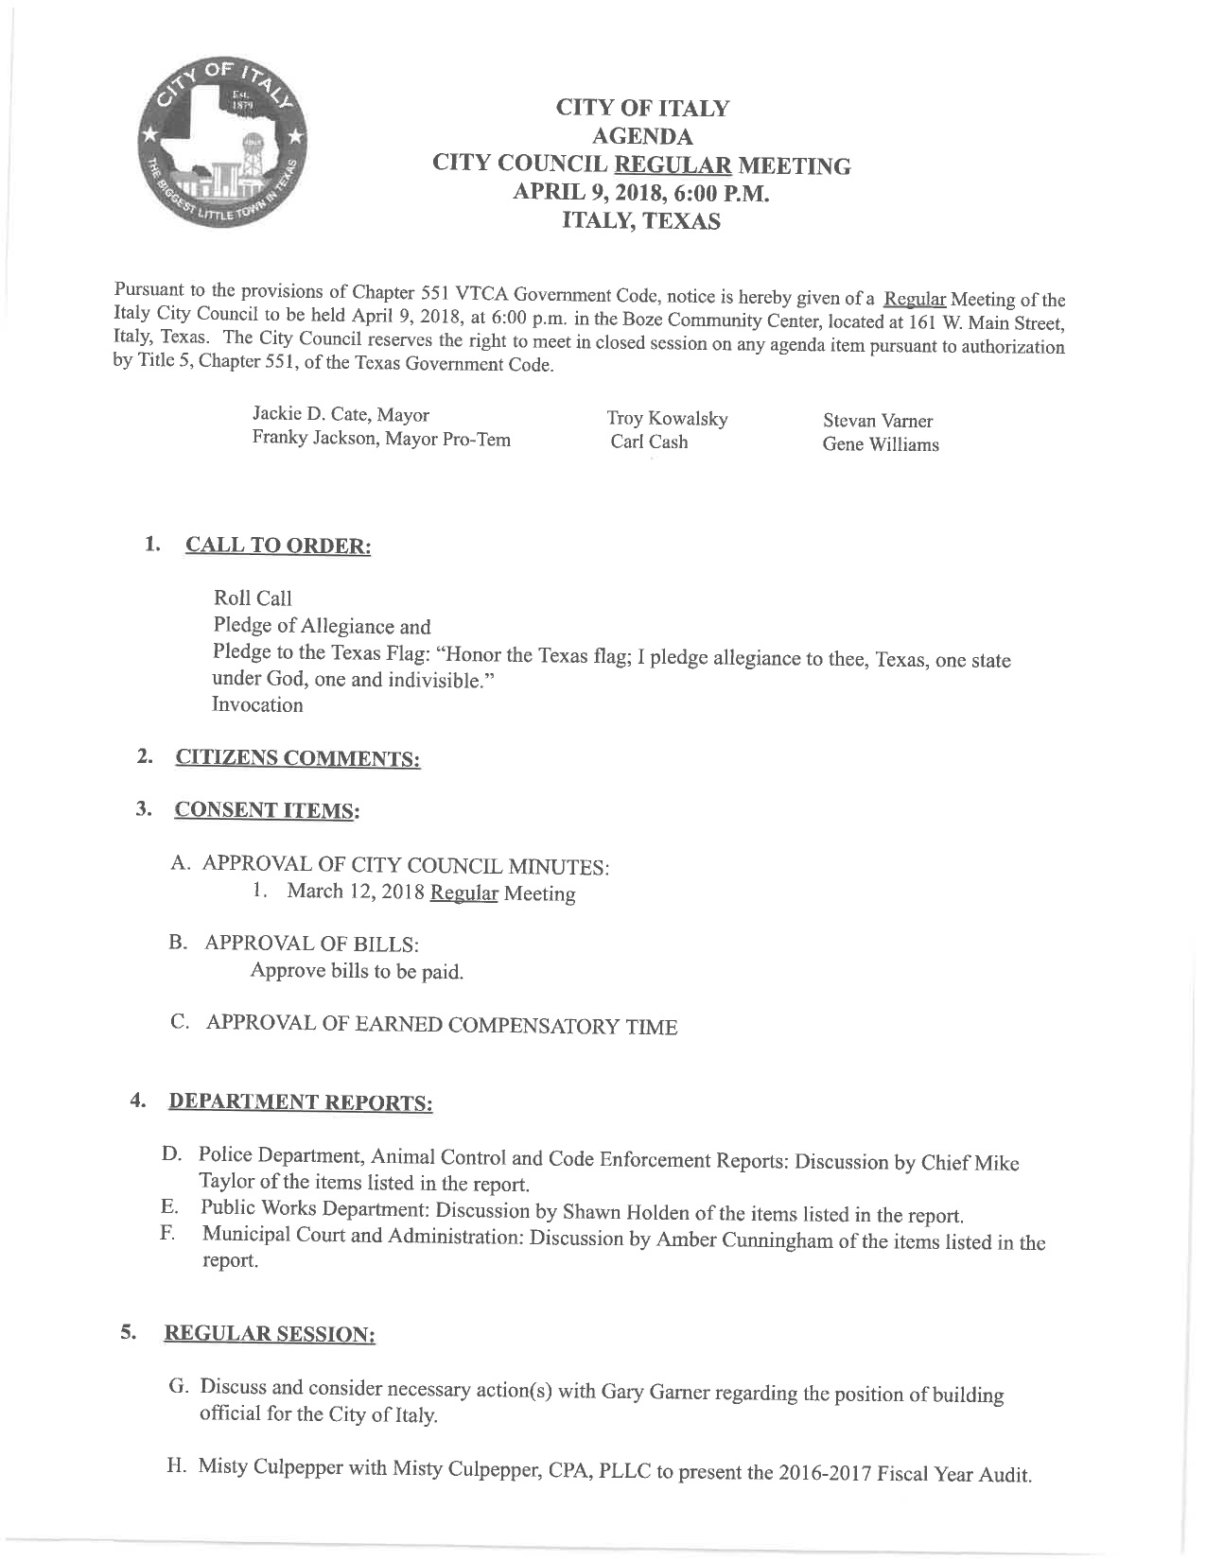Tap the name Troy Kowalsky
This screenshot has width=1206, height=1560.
tap(667, 419)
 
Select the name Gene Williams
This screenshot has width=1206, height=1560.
tap(881, 444)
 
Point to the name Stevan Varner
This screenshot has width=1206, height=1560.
tap(878, 421)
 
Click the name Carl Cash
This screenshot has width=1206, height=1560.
tap(649, 442)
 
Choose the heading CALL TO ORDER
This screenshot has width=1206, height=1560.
tap(278, 547)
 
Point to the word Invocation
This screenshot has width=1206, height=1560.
tap(257, 705)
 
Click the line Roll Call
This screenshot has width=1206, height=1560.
tap(253, 598)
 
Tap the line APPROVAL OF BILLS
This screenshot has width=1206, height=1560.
tap(312, 944)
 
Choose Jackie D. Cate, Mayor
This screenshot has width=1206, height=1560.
tap(341, 415)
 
